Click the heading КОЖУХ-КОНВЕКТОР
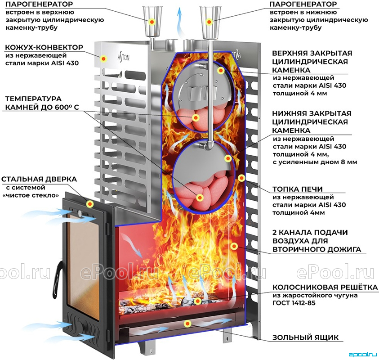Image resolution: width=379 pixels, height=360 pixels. click(x=44, y=47)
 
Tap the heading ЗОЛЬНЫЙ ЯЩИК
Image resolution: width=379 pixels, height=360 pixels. click(x=306, y=337)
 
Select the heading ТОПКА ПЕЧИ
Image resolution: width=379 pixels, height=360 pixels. click(x=298, y=189)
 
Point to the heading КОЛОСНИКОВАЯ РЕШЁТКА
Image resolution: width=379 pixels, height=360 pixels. click(x=325, y=287)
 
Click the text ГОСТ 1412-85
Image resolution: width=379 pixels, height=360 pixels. click(x=294, y=303)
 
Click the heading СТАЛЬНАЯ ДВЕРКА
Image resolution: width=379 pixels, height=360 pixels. click(x=39, y=179)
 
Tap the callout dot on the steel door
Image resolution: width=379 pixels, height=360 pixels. click(x=90, y=204)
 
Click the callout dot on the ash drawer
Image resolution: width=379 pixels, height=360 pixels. click(x=187, y=324)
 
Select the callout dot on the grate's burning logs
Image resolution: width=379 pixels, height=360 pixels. click(x=198, y=301)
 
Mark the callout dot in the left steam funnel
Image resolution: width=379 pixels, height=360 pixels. click(x=152, y=22)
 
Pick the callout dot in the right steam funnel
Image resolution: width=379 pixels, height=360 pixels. click(x=209, y=22)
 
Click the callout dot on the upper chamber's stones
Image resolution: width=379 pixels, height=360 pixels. click(x=196, y=118)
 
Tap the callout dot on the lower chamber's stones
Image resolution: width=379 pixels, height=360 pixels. click(x=200, y=198)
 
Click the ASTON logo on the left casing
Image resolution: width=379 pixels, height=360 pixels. click(x=123, y=57)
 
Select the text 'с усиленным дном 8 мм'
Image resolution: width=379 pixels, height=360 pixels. click(x=315, y=162)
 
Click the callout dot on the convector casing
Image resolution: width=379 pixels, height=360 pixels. click(x=104, y=58)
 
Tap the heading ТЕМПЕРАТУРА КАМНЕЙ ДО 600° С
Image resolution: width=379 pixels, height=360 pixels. click(x=42, y=103)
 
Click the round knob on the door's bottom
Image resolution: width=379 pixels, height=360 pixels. click(x=85, y=328)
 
